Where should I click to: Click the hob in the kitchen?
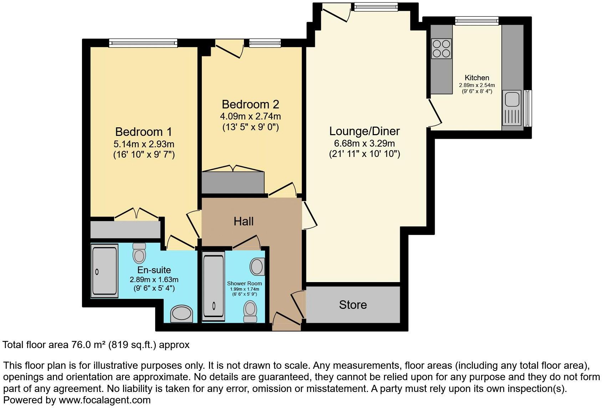[x=441, y=49]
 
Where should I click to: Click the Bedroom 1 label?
[x=143, y=132]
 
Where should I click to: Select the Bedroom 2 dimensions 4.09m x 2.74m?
[x=250, y=116]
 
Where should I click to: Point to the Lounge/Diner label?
[x=364, y=131]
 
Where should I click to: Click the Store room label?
[x=353, y=305]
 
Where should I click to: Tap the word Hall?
[x=244, y=221]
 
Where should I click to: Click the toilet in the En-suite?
[x=139, y=253]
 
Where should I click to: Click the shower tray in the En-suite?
[x=104, y=271]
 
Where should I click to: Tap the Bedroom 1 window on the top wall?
[x=143, y=43]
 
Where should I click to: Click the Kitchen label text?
[x=477, y=78]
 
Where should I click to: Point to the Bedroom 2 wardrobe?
[x=233, y=183]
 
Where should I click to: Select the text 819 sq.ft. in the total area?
[x=132, y=345]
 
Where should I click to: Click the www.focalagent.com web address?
[x=104, y=400]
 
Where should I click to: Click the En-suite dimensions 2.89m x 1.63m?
[x=154, y=280]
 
